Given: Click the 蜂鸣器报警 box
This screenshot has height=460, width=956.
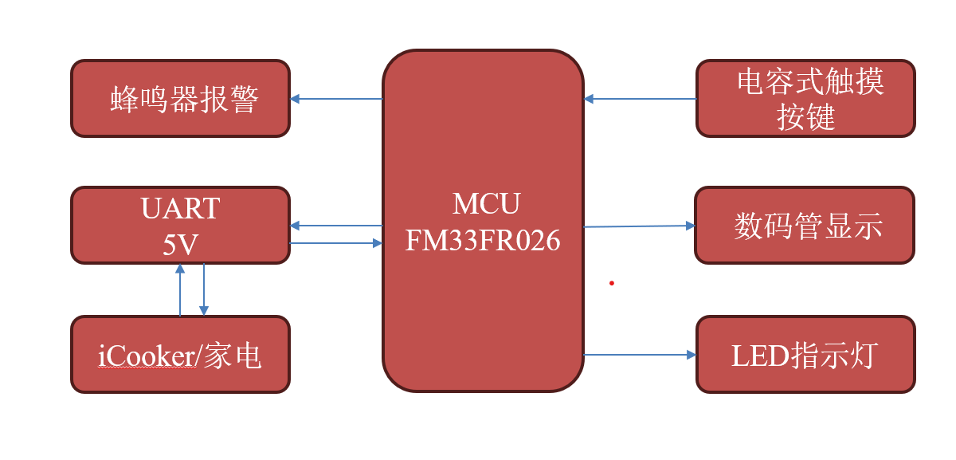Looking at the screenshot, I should (x=180, y=98).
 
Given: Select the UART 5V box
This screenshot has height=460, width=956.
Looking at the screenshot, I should (x=180, y=225).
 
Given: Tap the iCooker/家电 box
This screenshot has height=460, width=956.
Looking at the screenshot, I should (x=180, y=354).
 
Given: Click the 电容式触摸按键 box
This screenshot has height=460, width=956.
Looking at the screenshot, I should (x=805, y=98).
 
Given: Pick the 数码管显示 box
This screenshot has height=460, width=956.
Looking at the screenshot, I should (x=805, y=225).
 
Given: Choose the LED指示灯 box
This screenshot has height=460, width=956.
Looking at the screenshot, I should (x=805, y=354).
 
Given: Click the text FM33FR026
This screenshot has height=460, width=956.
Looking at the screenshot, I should (x=483, y=241).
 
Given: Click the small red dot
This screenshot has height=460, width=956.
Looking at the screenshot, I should (x=611, y=282).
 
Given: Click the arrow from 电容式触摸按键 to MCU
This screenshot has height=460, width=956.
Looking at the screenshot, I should (x=640, y=99).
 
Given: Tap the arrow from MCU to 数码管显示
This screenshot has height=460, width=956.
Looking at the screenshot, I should (x=640, y=226).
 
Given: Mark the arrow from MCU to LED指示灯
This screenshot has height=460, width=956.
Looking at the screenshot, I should (x=640, y=354).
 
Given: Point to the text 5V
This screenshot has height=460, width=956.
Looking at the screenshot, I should (x=180, y=245).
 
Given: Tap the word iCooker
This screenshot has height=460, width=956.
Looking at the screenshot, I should (x=146, y=356).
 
